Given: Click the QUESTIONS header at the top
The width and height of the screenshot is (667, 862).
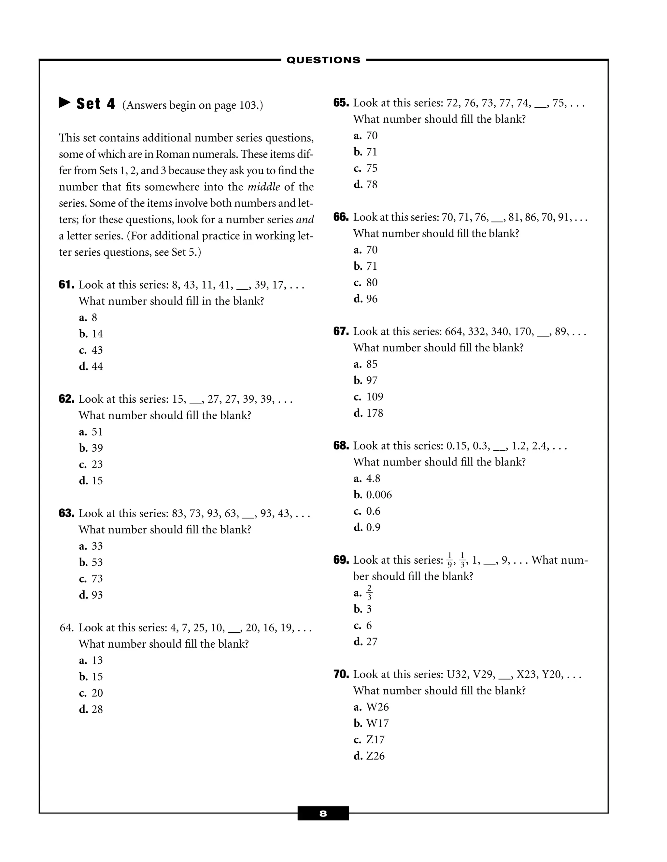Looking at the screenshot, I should (x=323, y=60).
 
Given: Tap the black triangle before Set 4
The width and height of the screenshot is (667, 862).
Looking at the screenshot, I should (x=64, y=103).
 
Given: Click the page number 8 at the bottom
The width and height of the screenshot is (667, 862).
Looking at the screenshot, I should (x=323, y=814).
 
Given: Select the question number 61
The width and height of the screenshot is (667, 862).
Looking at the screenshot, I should (x=66, y=285).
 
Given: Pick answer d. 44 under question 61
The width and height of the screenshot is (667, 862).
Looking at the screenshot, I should (x=91, y=367).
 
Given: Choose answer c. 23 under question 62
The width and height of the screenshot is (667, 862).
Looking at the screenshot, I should (x=91, y=465).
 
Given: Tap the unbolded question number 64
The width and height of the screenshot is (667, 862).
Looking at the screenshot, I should (x=66, y=628).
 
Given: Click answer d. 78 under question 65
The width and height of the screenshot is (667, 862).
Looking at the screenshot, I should (x=365, y=185).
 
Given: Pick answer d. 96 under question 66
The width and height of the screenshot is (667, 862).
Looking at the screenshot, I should (x=365, y=299).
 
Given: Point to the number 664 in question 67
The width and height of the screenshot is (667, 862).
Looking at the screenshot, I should (x=455, y=331).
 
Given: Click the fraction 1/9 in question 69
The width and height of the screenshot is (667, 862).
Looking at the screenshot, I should (x=450, y=560).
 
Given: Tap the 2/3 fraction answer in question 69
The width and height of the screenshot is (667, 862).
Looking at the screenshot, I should (x=369, y=593).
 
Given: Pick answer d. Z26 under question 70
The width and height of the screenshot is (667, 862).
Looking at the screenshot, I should (x=369, y=756).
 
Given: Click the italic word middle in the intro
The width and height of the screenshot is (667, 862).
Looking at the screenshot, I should (x=263, y=187).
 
